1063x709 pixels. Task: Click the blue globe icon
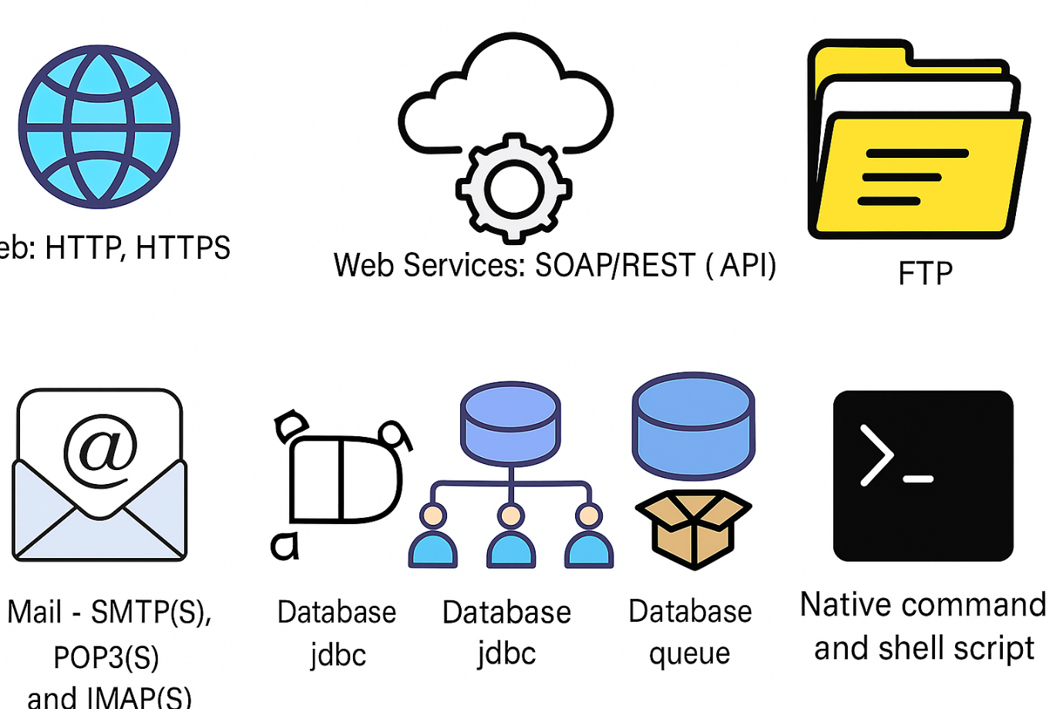99,126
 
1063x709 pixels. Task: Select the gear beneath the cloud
513,188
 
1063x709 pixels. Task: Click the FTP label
925,274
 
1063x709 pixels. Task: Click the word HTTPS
183,248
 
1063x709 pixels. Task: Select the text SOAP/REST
615,265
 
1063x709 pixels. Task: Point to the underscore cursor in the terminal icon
918,479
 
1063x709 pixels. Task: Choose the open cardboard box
693,529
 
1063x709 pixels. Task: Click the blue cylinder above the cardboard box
693,424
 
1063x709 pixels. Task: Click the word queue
689,654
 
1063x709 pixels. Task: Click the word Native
851,605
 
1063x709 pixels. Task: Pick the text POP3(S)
106,657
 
